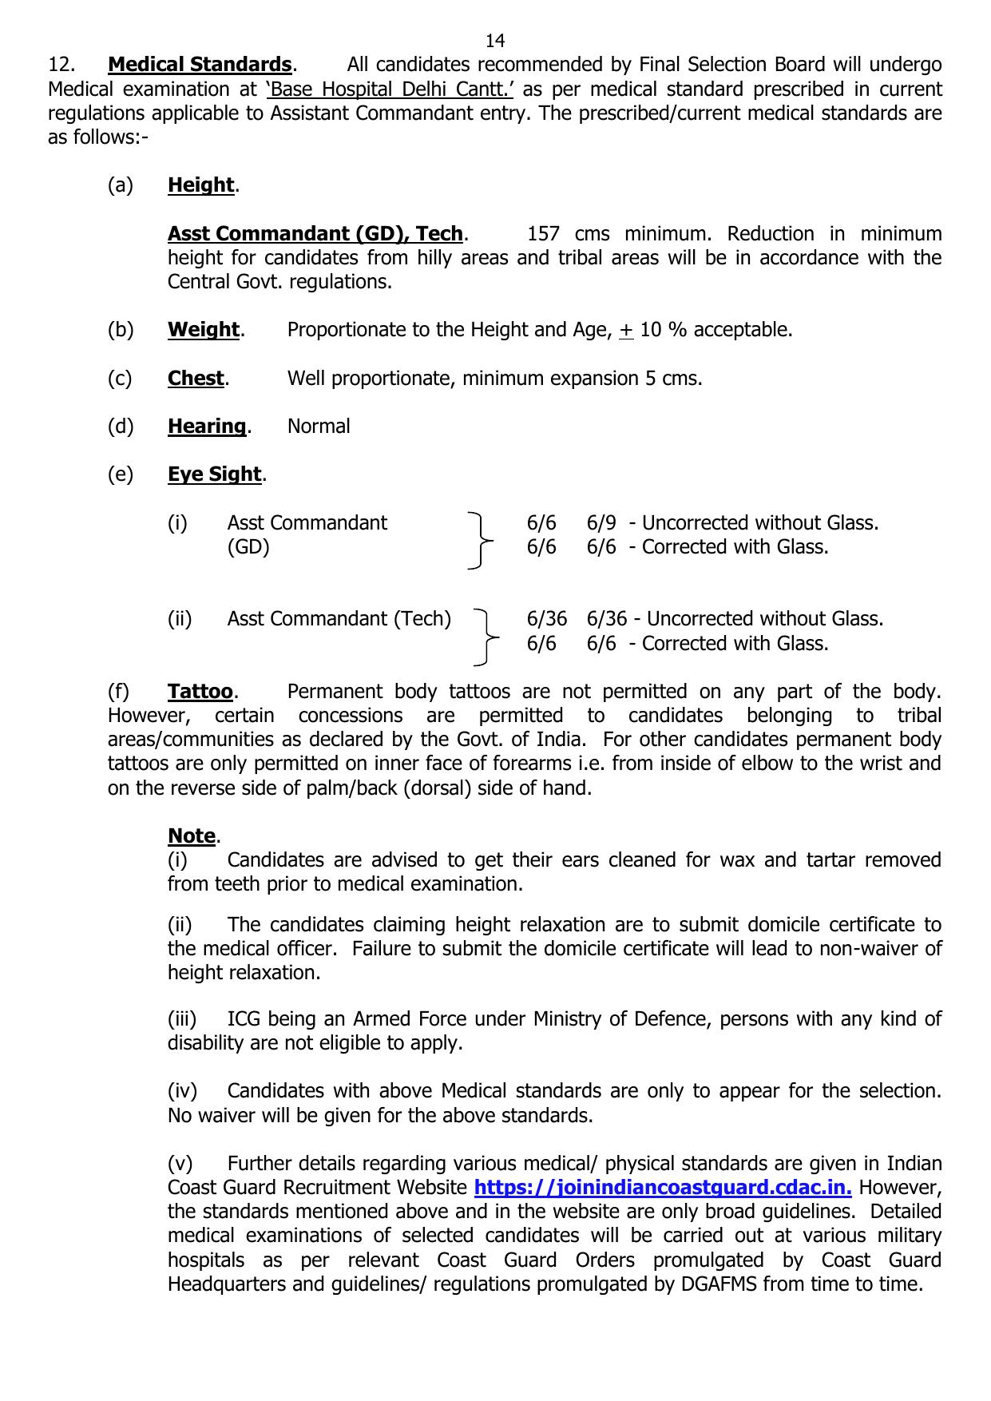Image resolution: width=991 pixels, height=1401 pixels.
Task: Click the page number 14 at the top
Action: (494, 41)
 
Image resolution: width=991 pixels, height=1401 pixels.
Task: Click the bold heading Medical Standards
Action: (200, 65)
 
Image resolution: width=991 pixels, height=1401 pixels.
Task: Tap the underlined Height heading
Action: (200, 185)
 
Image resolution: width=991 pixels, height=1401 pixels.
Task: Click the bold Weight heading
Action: (204, 330)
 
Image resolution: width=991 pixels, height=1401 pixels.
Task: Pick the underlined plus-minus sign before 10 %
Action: (626, 331)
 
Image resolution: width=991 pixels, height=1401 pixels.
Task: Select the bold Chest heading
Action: (196, 379)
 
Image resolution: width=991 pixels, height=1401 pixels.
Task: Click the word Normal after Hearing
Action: (319, 427)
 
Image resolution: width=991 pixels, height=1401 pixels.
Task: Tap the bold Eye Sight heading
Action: (214, 474)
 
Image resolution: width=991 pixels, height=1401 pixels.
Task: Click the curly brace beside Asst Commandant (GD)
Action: (478, 541)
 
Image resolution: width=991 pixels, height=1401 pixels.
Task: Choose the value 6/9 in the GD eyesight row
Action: (601, 523)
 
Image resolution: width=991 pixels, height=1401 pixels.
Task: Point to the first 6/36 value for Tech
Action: (547, 619)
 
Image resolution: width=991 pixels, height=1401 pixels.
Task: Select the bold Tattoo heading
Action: (200, 692)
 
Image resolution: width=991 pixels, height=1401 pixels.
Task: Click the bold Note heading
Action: (192, 836)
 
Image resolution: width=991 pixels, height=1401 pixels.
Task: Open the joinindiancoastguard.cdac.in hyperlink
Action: (663, 1188)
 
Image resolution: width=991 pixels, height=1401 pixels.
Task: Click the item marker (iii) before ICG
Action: (182, 1019)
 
